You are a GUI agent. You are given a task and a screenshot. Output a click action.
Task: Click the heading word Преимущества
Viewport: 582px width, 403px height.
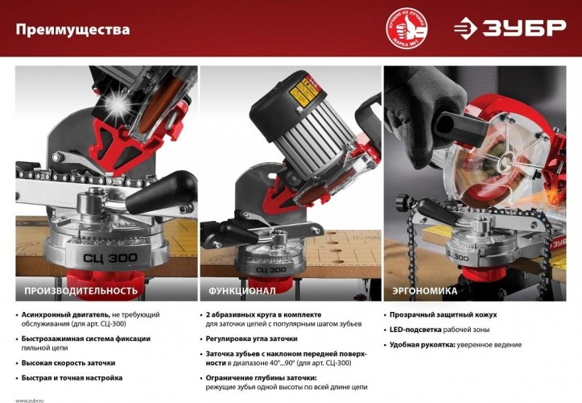(72, 31)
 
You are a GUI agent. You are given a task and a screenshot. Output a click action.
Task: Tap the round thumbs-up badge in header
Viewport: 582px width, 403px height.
(406, 28)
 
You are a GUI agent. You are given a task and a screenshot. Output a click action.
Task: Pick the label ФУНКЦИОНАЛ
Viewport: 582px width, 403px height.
(242, 290)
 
